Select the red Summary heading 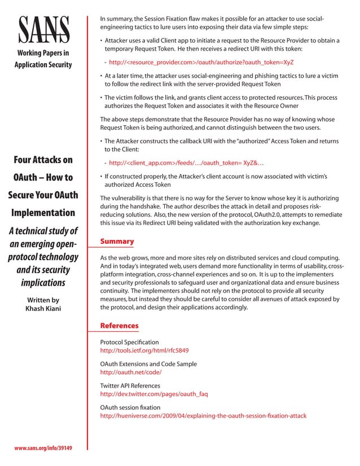[x=117, y=241]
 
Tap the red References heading [x=119, y=326]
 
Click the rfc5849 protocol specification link [x=144, y=350]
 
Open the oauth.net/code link [x=131, y=372]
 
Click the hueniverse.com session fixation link [x=203, y=416]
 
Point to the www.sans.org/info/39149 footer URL [x=43, y=448]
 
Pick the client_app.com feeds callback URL [x=186, y=163]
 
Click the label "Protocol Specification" [x=129, y=342]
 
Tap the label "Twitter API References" [x=130, y=385]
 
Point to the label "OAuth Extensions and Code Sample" [x=148, y=364]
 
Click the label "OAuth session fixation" [x=130, y=407]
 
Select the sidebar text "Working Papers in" [x=43, y=54]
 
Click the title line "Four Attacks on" [x=43, y=160]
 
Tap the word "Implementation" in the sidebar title [x=43, y=213]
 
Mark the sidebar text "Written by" [x=43, y=300]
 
